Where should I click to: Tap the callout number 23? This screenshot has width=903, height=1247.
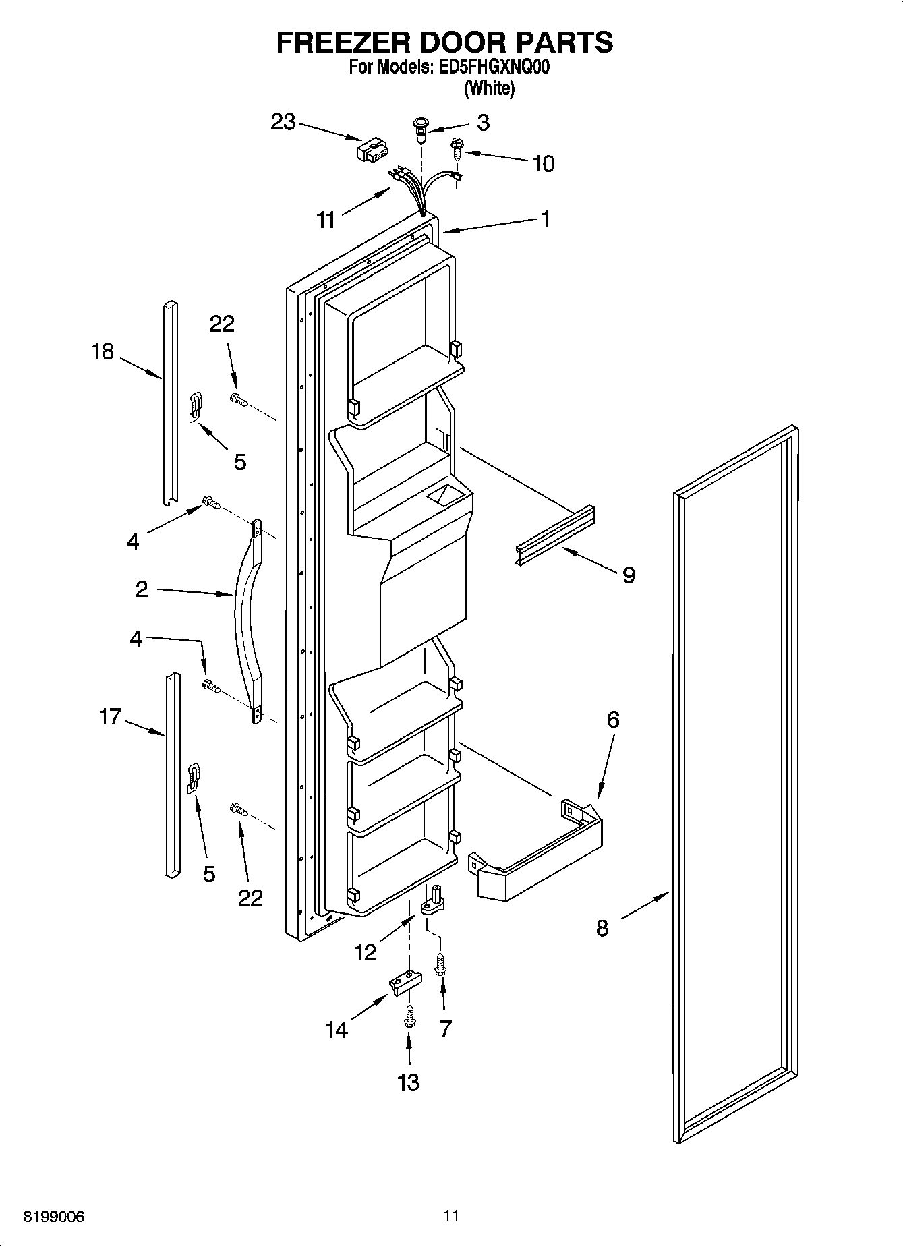[283, 123]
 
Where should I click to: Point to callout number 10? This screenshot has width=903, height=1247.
[544, 163]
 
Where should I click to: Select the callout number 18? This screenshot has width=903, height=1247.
[103, 351]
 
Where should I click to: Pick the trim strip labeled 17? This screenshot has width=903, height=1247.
[173, 776]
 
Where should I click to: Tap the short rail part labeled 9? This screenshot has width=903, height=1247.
[556, 536]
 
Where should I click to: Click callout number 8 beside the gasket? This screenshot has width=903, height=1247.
[602, 928]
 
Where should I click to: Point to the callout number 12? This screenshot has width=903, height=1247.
[366, 952]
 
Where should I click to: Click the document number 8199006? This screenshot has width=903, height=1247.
[54, 1217]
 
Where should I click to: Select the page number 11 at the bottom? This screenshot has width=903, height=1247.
[451, 1215]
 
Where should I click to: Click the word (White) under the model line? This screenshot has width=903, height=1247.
[490, 88]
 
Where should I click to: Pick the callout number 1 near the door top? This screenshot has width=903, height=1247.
[546, 219]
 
